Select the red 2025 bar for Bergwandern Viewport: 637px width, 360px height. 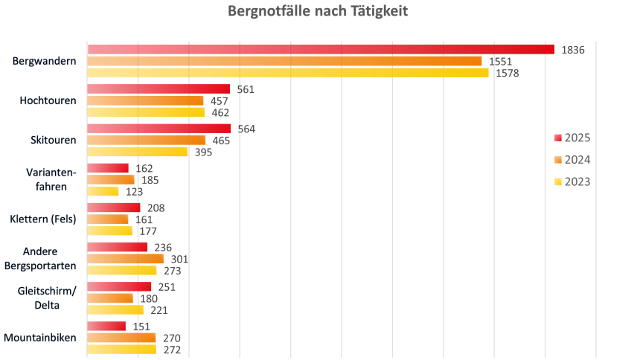click(321, 49)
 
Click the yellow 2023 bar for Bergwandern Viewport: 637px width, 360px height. click(288, 73)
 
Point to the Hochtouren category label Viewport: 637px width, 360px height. click(48, 100)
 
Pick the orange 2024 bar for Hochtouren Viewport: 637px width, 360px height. click(145, 100)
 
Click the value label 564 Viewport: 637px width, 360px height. click(246, 129)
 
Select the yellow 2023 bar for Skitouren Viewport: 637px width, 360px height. click(137, 152)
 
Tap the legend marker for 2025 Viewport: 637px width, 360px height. click(557, 138)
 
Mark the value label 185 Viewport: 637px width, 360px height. click(150, 179)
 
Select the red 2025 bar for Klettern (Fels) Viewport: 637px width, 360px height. click(114, 208)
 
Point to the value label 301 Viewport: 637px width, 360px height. click(179, 259)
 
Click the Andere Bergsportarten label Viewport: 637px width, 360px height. click(45, 258)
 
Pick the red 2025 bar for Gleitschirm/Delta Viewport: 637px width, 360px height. click(119, 286)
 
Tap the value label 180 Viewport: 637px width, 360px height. click(149, 298)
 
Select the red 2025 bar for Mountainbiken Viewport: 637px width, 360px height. click(106, 326)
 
